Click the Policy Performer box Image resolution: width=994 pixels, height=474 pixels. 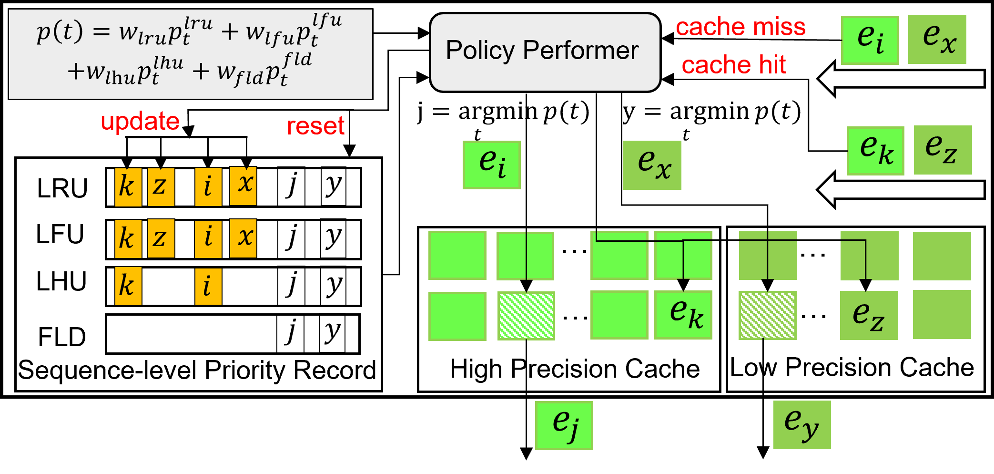click(545, 52)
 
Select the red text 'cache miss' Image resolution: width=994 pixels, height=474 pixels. click(740, 27)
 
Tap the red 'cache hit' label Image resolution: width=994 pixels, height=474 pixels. click(733, 65)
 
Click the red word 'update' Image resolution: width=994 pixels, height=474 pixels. click(140, 121)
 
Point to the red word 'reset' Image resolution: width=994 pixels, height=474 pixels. click(315, 126)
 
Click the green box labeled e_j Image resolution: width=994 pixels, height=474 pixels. click(564, 425)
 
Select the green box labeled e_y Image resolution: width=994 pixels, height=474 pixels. click(801, 424)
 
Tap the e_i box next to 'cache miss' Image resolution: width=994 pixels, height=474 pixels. click(870, 40)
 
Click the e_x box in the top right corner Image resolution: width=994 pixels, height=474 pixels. click(937, 40)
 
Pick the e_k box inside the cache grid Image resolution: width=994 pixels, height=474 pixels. click(683, 315)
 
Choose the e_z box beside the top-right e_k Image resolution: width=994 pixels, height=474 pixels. click(943, 150)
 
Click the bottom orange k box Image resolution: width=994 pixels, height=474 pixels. click(128, 286)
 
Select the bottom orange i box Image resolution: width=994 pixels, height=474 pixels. click(208, 286)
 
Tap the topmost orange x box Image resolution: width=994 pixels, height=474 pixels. click(243, 185)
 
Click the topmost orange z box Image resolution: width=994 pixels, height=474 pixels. click(161, 186)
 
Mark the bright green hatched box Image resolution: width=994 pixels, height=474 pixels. click(526, 316)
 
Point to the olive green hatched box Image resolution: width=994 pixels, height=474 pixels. click(767, 316)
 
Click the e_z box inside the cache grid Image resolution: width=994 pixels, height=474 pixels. click(869, 315)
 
